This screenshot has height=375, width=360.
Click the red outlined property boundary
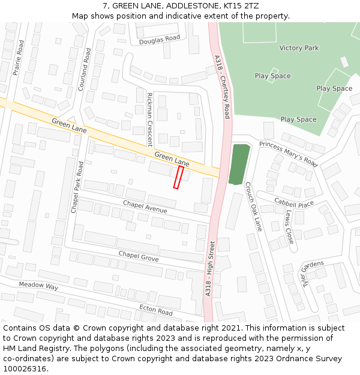coord(178,178)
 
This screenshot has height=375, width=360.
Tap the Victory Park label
coord(299,48)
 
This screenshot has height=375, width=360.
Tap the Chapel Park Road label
coord(76,187)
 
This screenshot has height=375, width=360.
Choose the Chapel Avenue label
coord(145,206)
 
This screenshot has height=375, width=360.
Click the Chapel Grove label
coord(138,256)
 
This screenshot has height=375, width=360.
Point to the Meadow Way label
coord(38,286)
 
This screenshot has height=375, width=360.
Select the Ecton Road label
coord(156,310)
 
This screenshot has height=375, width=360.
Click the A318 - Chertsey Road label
coord(222,87)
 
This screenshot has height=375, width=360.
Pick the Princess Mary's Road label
coord(288,154)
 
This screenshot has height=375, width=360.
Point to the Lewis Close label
coord(289,226)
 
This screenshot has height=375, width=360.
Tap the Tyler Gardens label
coord(312,274)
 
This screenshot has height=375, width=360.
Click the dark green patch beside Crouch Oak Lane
coord(239,164)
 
